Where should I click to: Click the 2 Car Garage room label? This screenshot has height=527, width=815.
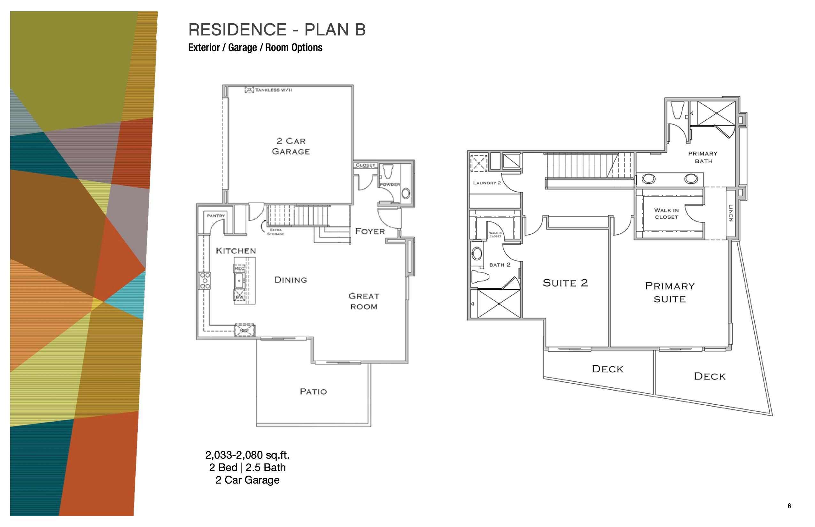point(291,146)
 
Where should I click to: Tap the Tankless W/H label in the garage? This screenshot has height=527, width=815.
point(273,90)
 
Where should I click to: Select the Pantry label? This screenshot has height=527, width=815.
point(216,216)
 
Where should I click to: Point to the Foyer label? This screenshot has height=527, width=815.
point(370,231)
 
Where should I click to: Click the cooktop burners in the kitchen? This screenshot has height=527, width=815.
point(205,281)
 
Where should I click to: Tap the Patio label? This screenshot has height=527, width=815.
point(313,392)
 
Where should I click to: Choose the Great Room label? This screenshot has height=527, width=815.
point(364,301)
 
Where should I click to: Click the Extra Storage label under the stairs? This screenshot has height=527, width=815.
point(276,232)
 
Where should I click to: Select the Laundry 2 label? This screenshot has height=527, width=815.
point(486,183)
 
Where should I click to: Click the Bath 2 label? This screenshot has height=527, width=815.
point(500,265)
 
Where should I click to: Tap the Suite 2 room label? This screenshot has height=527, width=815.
point(565,283)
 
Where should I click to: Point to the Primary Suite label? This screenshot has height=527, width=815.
point(670,292)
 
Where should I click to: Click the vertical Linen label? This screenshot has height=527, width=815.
point(730,213)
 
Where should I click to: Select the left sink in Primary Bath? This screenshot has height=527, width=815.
point(648,179)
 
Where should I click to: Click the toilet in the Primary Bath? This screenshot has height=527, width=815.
point(677,110)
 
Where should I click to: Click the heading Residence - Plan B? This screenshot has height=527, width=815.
point(277,30)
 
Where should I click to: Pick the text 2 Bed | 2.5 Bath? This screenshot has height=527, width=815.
point(247,468)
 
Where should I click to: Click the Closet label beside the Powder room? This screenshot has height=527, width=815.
point(365,165)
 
